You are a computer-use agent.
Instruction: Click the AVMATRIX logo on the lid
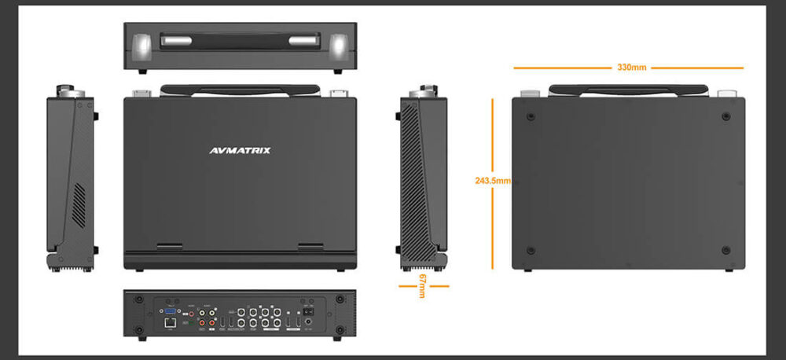[241, 150]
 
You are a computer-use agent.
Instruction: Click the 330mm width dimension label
[631, 68]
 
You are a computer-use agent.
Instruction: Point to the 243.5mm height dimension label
[493, 181]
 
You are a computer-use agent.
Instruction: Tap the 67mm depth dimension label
[422, 285]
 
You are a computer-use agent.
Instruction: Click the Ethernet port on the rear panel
[169, 322]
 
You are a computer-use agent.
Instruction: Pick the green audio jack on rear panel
[190, 322]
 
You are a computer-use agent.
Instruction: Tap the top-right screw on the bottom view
[724, 116]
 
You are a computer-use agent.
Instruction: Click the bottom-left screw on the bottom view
[531, 251]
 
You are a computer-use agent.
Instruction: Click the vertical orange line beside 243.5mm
[493, 228]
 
